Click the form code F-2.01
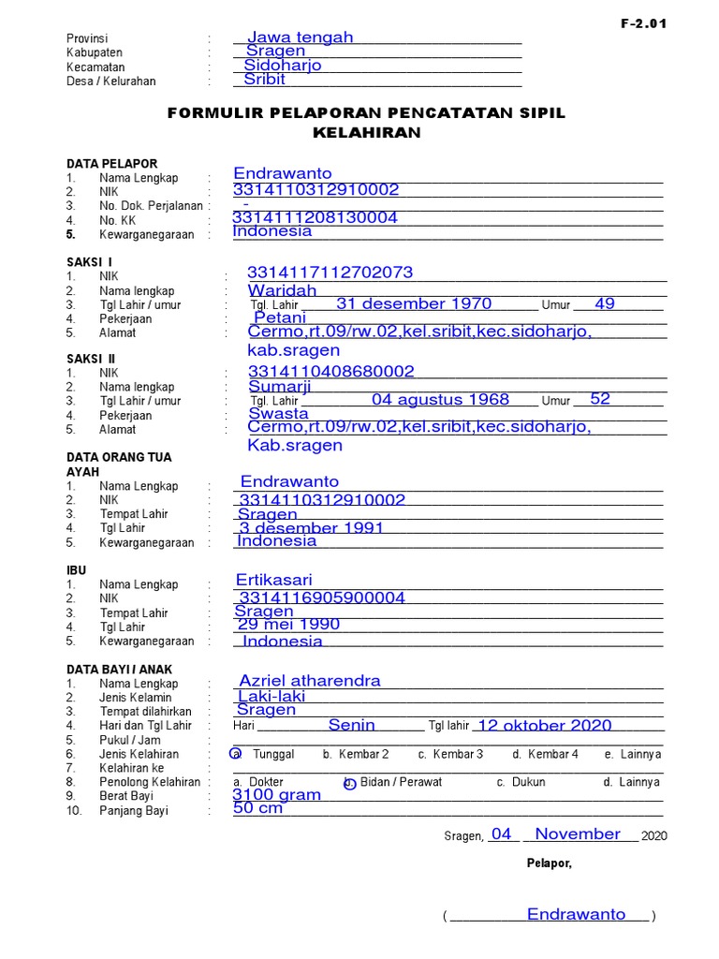(x=643, y=24)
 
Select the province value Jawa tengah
(x=300, y=37)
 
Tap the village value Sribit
(x=264, y=80)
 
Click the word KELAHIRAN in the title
(x=366, y=133)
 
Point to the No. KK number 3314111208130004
(x=315, y=217)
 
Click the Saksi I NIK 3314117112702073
(x=330, y=273)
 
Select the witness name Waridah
(x=282, y=291)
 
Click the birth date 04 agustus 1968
(x=440, y=400)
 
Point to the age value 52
(x=600, y=399)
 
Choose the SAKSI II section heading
(x=90, y=359)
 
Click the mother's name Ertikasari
(x=273, y=581)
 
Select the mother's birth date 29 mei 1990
(x=288, y=625)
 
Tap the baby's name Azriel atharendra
(x=310, y=681)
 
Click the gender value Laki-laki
(x=271, y=696)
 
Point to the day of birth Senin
(x=351, y=725)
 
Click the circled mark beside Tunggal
(x=237, y=754)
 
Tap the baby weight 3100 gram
(x=276, y=795)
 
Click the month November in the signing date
(x=577, y=834)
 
